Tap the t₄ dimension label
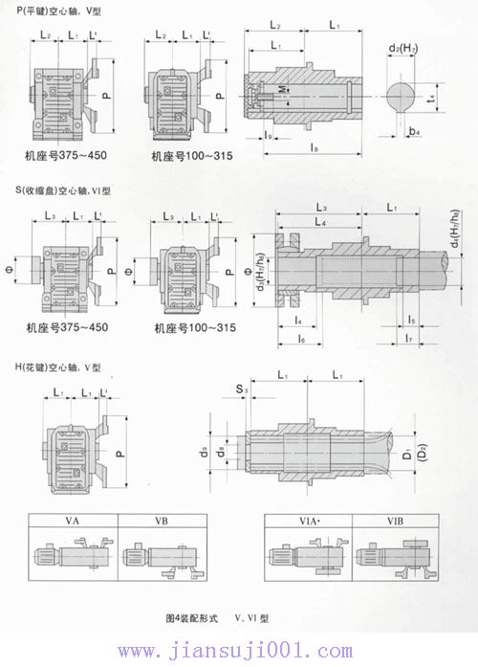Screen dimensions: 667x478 (x=430, y=97)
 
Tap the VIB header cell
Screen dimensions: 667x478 (x=394, y=522)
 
